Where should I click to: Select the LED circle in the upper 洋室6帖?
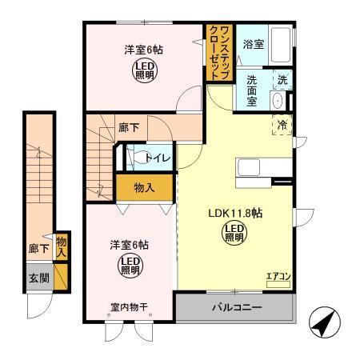(x=145, y=70)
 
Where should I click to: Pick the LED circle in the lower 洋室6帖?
(x=130, y=264)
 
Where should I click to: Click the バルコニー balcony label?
(x=236, y=307)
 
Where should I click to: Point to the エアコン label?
(x=278, y=276)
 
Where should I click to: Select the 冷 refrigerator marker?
(x=282, y=124)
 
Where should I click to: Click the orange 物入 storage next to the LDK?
(x=144, y=188)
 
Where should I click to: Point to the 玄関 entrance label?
(x=37, y=278)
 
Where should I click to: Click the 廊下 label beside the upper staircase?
(x=130, y=126)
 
